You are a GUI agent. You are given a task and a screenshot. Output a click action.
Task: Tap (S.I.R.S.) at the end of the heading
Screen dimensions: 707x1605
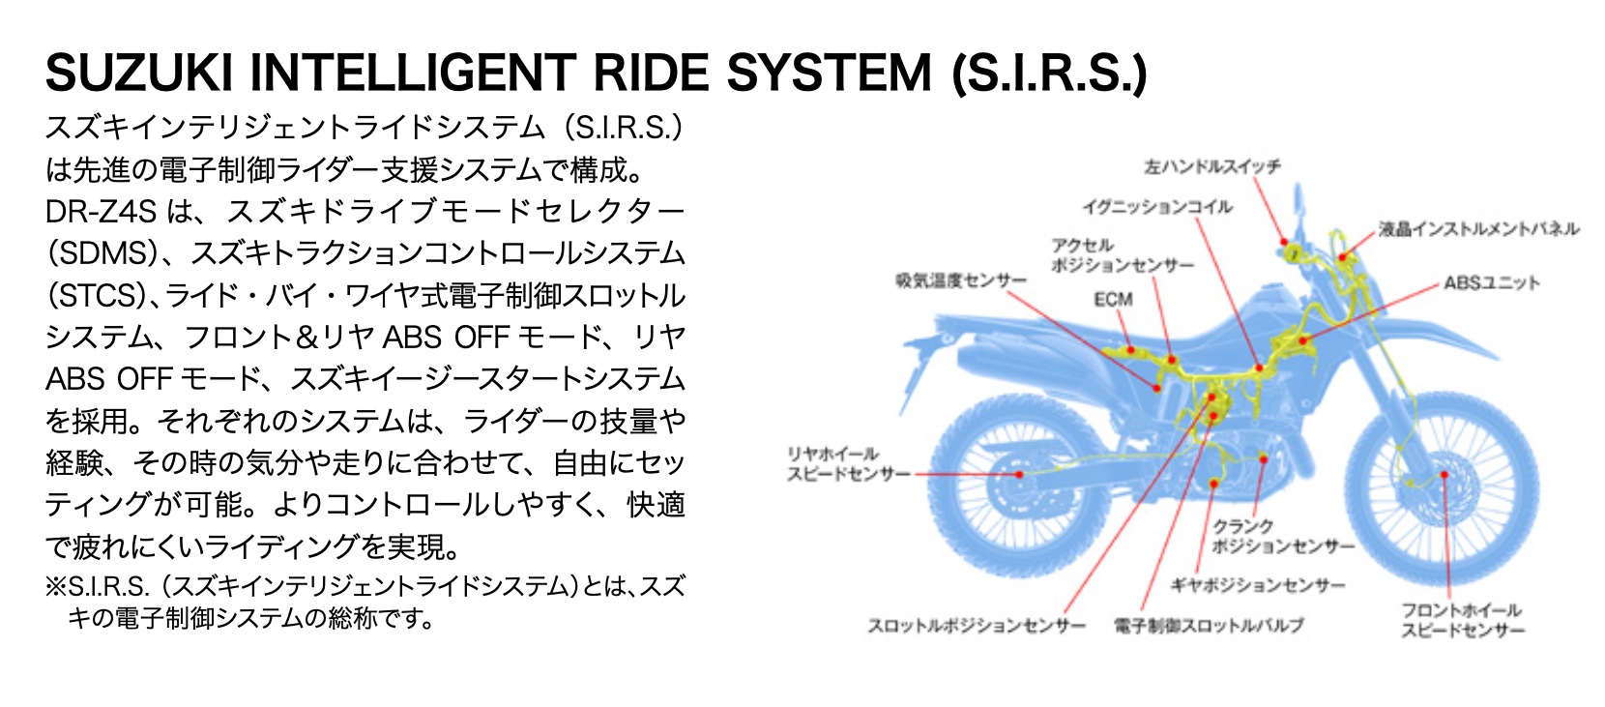pos(1049,74)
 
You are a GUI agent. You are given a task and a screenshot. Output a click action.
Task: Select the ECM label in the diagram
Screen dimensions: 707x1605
pos(1113,299)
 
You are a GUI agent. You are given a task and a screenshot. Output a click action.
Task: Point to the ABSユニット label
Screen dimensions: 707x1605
pos(1491,282)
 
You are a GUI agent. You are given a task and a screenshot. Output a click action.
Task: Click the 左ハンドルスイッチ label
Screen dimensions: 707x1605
pos(1212,166)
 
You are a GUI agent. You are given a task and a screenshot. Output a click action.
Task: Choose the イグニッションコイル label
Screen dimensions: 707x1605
pos(1157,206)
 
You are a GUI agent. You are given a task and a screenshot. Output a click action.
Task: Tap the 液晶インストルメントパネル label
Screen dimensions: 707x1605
pos(1478,229)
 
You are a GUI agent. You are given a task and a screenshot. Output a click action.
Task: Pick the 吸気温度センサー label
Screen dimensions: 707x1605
pos(961,280)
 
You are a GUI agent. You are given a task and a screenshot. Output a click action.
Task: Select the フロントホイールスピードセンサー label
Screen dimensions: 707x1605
pos(1462,620)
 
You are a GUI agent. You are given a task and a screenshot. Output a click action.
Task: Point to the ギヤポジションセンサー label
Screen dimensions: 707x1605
pos(1257,585)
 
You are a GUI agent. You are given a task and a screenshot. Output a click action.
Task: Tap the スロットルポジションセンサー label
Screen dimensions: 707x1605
pos(977,625)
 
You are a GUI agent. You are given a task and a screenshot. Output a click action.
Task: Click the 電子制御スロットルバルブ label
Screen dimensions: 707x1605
pos(1208,625)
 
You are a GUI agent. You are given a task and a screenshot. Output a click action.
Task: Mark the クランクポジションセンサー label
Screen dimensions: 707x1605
pos(1283,536)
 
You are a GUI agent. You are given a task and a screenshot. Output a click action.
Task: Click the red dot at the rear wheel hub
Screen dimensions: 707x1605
pos(1019,474)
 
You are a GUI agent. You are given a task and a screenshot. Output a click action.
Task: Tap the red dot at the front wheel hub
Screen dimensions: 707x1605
pos(1444,475)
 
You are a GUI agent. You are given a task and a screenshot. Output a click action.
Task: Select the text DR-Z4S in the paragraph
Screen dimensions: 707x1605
pos(101,211)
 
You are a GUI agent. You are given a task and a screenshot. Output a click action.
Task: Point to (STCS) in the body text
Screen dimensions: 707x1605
pos(101,295)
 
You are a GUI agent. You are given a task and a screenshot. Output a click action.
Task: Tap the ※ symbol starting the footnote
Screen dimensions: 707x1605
pos(56,586)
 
